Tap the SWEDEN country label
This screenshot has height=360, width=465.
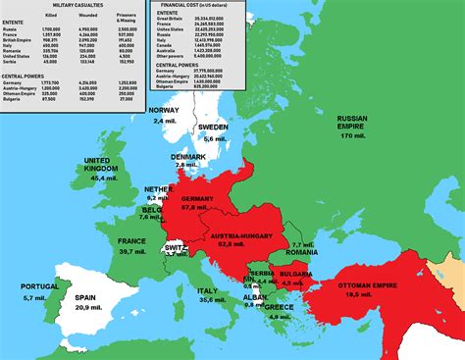(213, 128)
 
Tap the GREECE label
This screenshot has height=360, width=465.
(281, 306)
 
